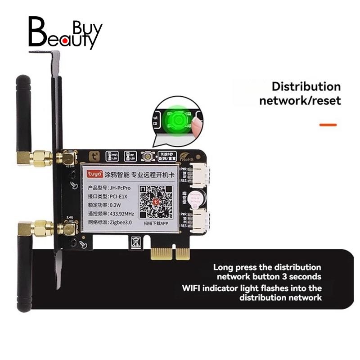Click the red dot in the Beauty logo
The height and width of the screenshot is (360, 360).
(x=66, y=42)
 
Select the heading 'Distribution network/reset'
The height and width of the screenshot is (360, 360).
(x=300, y=93)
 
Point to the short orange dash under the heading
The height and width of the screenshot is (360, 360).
(x=328, y=124)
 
